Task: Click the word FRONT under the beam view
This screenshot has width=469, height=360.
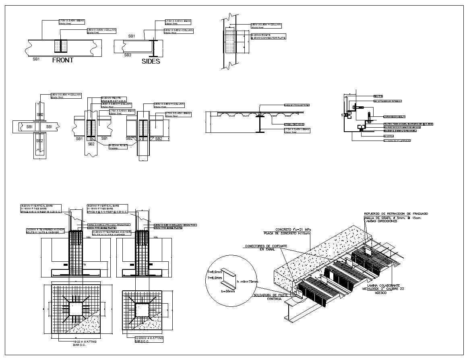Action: click(x=63, y=60)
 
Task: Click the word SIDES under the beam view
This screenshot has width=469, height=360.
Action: click(x=151, y=62)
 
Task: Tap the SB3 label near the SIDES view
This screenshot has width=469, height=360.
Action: click(x=128, y=55)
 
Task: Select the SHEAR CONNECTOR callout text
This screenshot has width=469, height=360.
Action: click(x=297, y=105)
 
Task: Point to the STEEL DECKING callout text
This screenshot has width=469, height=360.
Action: click(x=294, y=124)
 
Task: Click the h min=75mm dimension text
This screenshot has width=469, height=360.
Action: click(x=247, y=281)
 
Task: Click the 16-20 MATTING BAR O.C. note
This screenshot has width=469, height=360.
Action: click(x=85, y=343)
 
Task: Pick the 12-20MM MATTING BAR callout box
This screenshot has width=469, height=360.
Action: click(x=149, y=339)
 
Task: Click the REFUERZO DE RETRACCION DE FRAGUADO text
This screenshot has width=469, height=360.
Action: click(x=396, y=213)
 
